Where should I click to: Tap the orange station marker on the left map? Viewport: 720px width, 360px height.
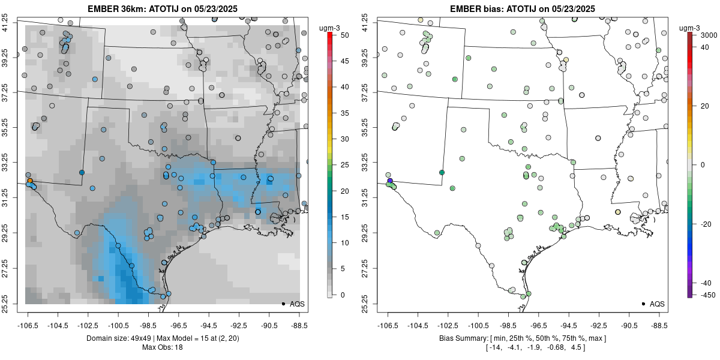coord(29,180)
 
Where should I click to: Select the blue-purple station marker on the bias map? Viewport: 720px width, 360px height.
coord(390,181)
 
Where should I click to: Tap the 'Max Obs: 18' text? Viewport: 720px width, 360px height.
coord(162,347)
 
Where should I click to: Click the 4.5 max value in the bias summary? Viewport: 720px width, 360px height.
coord(577,347)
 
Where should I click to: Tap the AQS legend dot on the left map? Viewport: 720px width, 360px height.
coord(283,304)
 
